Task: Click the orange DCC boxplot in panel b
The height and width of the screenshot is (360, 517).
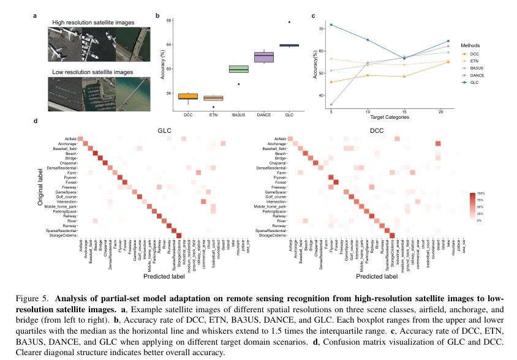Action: [x=187, y=96]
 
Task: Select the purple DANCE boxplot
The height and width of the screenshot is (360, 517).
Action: [x=264, y=57]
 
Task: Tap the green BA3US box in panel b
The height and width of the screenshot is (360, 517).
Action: [x=238, y=69]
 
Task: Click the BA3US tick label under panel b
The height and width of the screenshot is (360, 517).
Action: [x=238, y=114]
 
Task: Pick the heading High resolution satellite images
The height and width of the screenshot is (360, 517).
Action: [x=93, y=23]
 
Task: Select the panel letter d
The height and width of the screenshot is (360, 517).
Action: [x=36, y=121]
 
